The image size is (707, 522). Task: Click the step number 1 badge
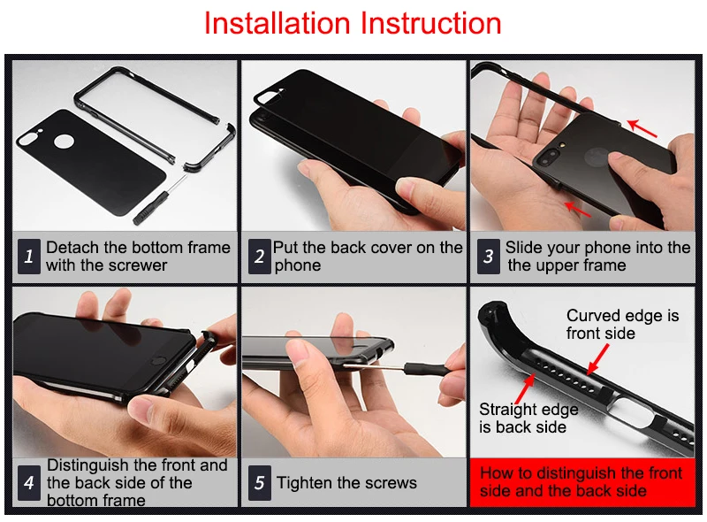pyautogui.click(x=29, y=256)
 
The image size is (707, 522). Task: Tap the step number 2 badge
pyautogui.click(x=259, y=256)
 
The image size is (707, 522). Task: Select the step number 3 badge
pyautogui.click(x=489, y=256)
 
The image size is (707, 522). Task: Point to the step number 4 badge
pyautogui.click(x=29, y=483)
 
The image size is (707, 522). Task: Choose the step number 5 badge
pyautogui.click(x=259, y=483)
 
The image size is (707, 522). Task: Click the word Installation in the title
pyautogui.click(x=277, y=23)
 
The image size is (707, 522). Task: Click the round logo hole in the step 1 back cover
pyautogui.click(x=64, y=142)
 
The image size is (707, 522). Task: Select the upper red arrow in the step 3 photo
pyautogui.click(x=642, y=127)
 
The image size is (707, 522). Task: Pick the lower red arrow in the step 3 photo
pyautogui.click(x=578, y=209)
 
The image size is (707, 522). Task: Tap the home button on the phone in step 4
pyautogui.click(x=157, y=361)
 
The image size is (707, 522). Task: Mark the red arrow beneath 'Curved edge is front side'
pyautogui.click(x=598, y=359)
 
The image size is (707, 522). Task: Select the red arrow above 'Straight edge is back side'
pyautogui.click(x=525, y=388)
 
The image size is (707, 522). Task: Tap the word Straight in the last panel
pyautogui.click(x=506, y=410)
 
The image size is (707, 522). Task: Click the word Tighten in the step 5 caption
pyautogui.click(x=304, y=483)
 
